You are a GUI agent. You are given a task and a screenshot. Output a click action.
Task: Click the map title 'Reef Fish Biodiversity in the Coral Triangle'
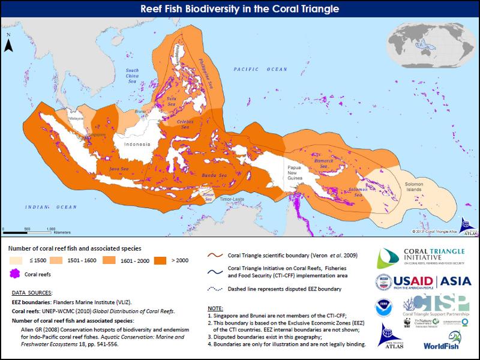(239, 9)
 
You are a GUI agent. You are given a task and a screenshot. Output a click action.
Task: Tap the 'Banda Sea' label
(215, 175)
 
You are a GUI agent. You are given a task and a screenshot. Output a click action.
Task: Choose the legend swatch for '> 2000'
(160, 260)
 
